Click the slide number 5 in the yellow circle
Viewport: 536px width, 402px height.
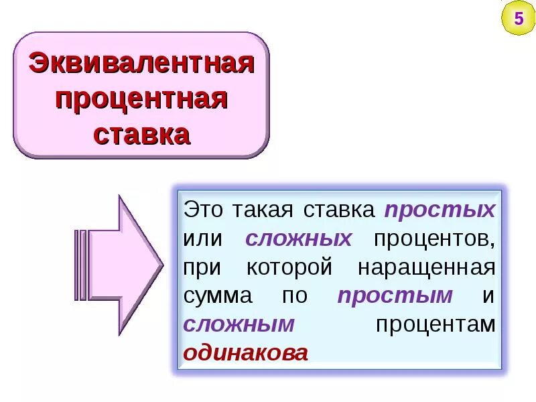518,18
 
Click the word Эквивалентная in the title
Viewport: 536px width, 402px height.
141,66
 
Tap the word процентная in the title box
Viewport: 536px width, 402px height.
141,100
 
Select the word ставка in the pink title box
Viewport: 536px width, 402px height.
141,135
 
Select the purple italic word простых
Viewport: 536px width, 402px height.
440,210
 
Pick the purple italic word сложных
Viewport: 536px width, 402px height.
299,239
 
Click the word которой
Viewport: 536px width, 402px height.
289,267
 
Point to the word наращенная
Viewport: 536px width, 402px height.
426,267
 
